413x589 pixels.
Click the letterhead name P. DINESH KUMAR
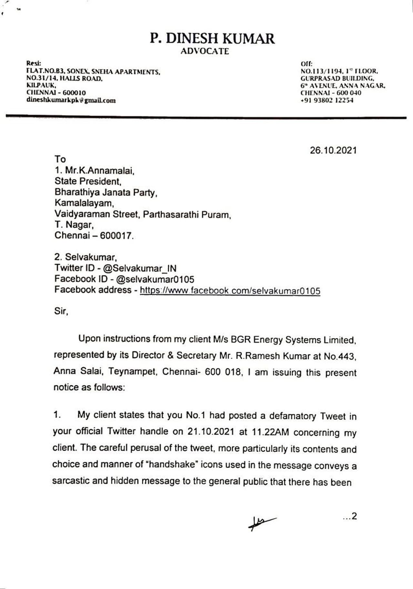(x=212, y=38)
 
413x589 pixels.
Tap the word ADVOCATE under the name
(x=205, y=51)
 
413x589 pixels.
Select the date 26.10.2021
(x=333, y=150)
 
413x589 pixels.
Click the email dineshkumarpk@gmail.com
(x=71, y=100)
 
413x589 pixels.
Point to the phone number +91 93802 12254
(x=327, y=100)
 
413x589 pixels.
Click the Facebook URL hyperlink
(x=230, y=291)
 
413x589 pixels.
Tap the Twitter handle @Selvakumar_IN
(x=140, y=268)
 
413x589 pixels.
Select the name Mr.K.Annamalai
(x=100, y=170)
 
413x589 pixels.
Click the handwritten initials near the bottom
(x=261, y=522)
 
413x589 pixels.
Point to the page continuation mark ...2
(x=350, y=516)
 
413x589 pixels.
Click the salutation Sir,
(x=61, y=311)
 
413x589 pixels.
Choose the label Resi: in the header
(x=34, y=63)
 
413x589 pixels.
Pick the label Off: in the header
(x=307, y=64)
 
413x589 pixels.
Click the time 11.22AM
(x=270, y=432)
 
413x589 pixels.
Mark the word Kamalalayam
(x=84, y=203)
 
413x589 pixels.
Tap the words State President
(x=88, y=181)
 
